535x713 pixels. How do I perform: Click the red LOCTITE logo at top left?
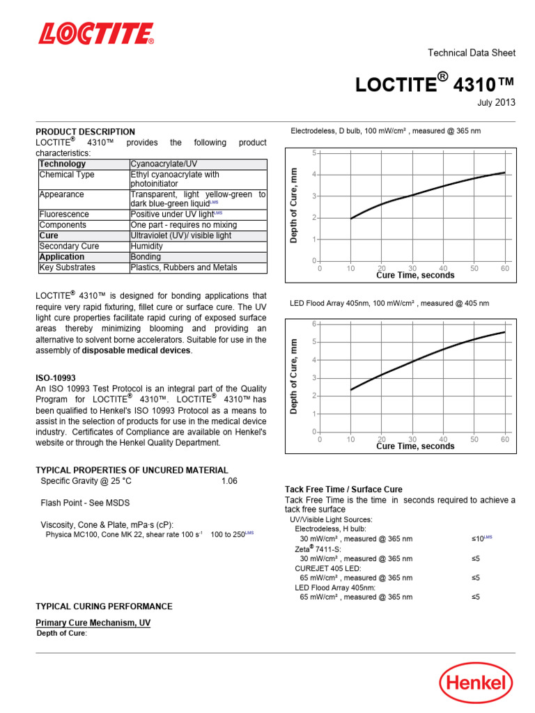point(95,33)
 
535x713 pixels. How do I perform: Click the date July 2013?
point(496,102)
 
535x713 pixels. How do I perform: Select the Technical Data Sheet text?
point(471,53)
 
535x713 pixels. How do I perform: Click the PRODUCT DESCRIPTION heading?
point(86,132)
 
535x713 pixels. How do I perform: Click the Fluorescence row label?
point(64,214)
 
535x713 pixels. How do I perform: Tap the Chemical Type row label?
point(67,175)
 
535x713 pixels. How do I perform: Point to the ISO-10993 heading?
point(55,377)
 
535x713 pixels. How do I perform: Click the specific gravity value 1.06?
point(229,481)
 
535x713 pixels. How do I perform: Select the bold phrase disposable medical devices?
point(136,351)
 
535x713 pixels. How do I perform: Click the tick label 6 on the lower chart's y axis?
point(314,324)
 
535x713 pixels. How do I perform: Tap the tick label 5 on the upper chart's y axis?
point(314,152)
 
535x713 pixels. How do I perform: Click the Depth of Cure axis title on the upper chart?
point(294,205)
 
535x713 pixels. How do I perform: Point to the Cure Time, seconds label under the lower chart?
point(415,446)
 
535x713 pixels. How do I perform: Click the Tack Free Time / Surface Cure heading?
point(343,489)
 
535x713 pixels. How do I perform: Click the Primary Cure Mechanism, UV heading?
point(93,622)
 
